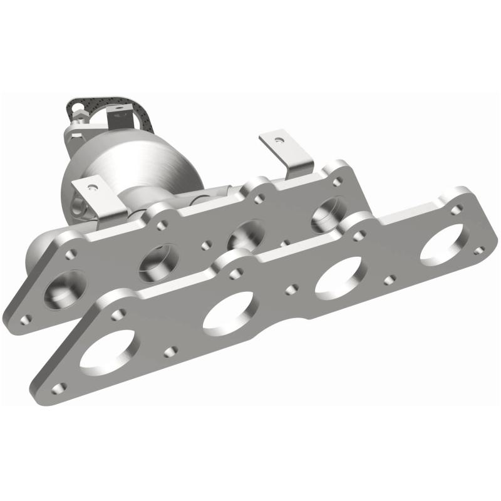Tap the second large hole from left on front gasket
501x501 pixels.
pyautogui.click(x=229, y=310)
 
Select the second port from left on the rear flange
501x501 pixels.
pyautogui.click(x=155, y=262)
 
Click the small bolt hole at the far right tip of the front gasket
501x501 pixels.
pyautogui.click(x=479, y=250)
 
